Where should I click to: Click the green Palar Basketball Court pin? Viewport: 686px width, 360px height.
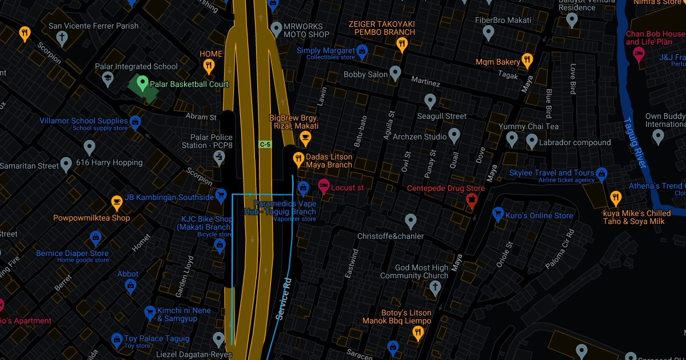point(141,83)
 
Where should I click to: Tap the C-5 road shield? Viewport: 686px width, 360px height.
point(265,145)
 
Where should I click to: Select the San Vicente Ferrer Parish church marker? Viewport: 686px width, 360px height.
point(62,38)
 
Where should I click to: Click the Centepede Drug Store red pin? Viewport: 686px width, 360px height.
point(472,199)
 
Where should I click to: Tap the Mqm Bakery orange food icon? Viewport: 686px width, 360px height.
point(527,60)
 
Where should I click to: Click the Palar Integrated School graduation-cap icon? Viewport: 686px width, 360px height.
point(107,78)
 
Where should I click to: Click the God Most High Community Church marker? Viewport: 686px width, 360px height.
point(436,287)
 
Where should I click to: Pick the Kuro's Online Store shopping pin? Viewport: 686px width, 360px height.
point(497,214)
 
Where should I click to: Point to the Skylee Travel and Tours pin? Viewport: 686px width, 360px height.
point(601,173)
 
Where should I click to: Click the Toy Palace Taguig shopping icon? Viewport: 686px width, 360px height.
point(117,340)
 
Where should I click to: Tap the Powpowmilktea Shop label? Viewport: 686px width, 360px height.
point(91,218)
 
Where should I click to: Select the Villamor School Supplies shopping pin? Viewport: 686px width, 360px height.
point(135,122)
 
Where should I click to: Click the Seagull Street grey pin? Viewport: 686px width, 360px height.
point(431,102)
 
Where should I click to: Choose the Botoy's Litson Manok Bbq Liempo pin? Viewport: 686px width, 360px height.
point(417,333)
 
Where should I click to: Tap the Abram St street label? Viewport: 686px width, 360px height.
point(201,117)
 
